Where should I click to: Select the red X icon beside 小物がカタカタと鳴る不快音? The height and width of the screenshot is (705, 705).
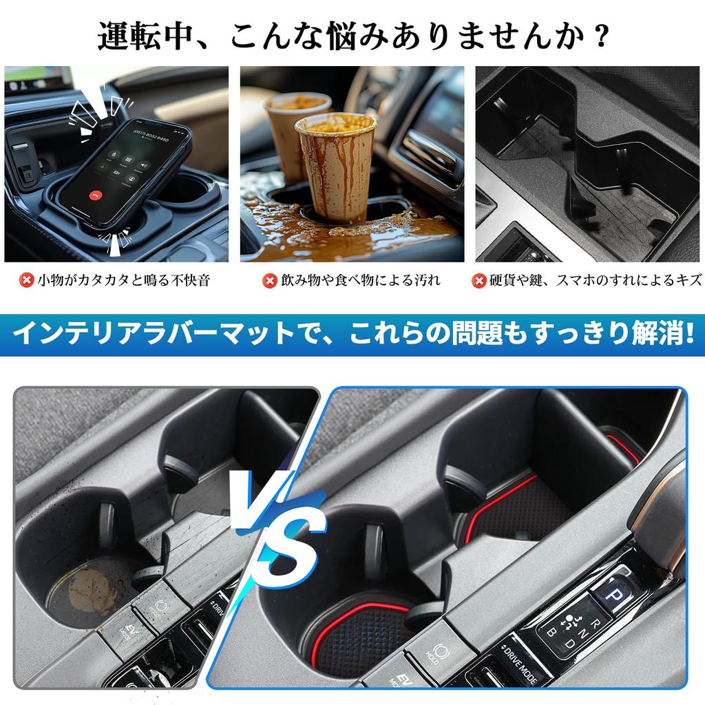click(27, 280)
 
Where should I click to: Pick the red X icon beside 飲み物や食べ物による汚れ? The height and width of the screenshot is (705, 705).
click(271, 280)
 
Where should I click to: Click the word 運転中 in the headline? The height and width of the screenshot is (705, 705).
click(134, 36)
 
